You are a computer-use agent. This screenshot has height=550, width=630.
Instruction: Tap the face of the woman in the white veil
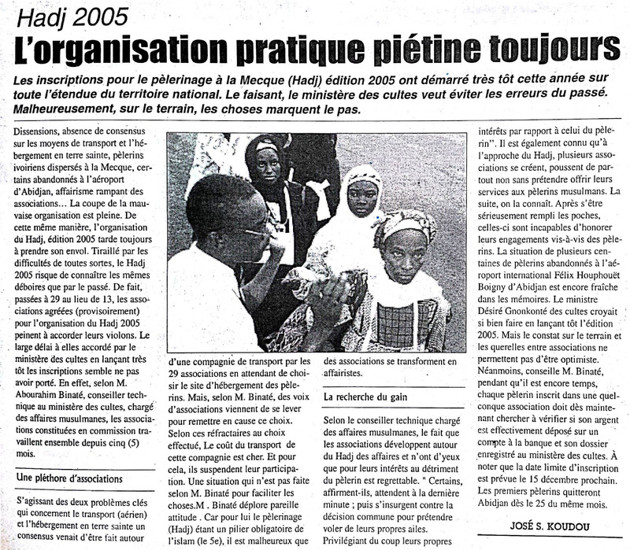(362, 197)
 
